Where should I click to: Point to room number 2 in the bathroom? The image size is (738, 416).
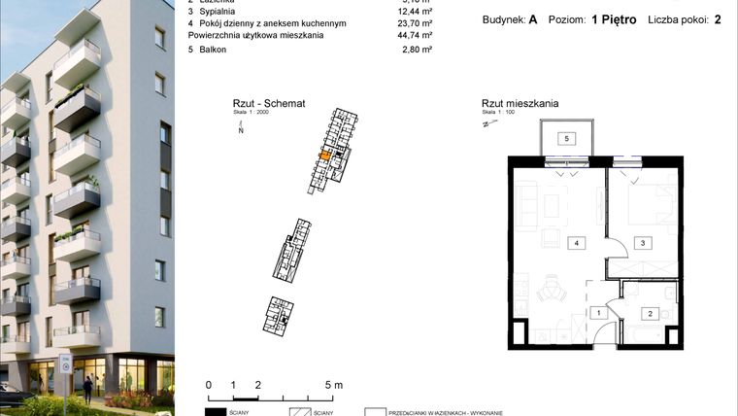click(x=649, y=313)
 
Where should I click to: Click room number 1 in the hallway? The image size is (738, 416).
click(x=600, y=313)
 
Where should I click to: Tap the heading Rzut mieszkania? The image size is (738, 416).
click(x=520, y=104)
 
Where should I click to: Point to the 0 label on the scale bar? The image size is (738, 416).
click(x=209, y=385)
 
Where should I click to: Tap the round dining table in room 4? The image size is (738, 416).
click(x=553, y=289)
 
